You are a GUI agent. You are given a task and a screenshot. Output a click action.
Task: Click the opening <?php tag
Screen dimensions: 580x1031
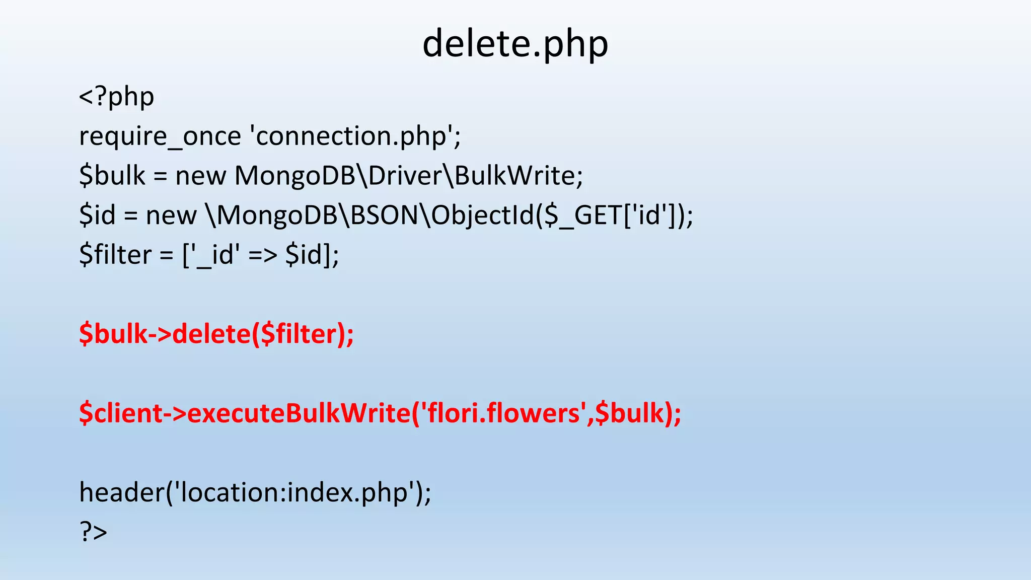pyautogui.click(x=116, y=97)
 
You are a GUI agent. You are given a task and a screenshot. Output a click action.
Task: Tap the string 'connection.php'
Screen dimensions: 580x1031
pyautogui.click(x=352, y=136)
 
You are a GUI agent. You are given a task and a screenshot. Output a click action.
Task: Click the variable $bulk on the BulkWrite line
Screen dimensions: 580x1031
pyautogui.click(x=112, y=176)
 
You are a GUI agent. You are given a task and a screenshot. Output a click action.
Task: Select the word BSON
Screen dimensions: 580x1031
pyautogui.click(x=384, y=215)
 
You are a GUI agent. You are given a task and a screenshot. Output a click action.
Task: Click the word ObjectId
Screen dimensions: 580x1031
pyautogui.click(x=482, y=215)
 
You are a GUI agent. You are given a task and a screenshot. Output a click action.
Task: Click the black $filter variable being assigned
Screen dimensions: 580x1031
pyautogui.click(x=115, y=255)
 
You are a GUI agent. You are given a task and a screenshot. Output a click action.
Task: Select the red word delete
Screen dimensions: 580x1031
pyautogui.click(x=211, y=334)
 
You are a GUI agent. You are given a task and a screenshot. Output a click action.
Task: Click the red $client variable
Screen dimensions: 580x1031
pyautogui.click(x=121, y=413)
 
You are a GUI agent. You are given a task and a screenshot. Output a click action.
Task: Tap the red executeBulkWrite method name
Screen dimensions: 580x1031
pyautogui.click(x=299, y=413)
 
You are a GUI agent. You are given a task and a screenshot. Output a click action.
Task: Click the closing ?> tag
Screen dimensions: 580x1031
pyautogui.click(x=93, y=532)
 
